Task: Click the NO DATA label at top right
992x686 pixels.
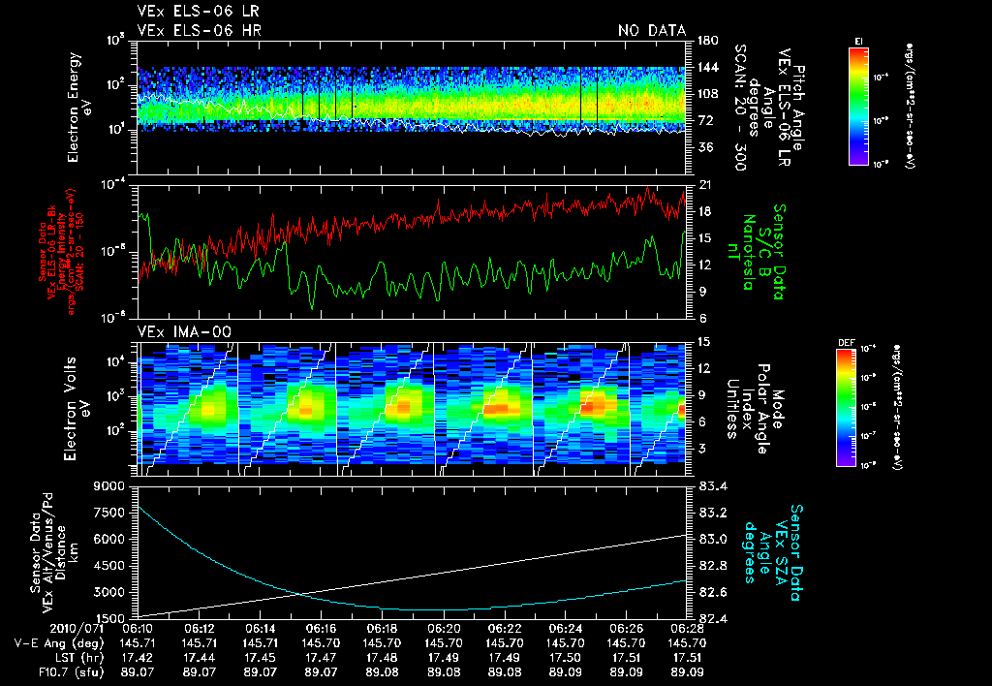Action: pos(651,31)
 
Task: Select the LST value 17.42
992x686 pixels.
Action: pos(139,656)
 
